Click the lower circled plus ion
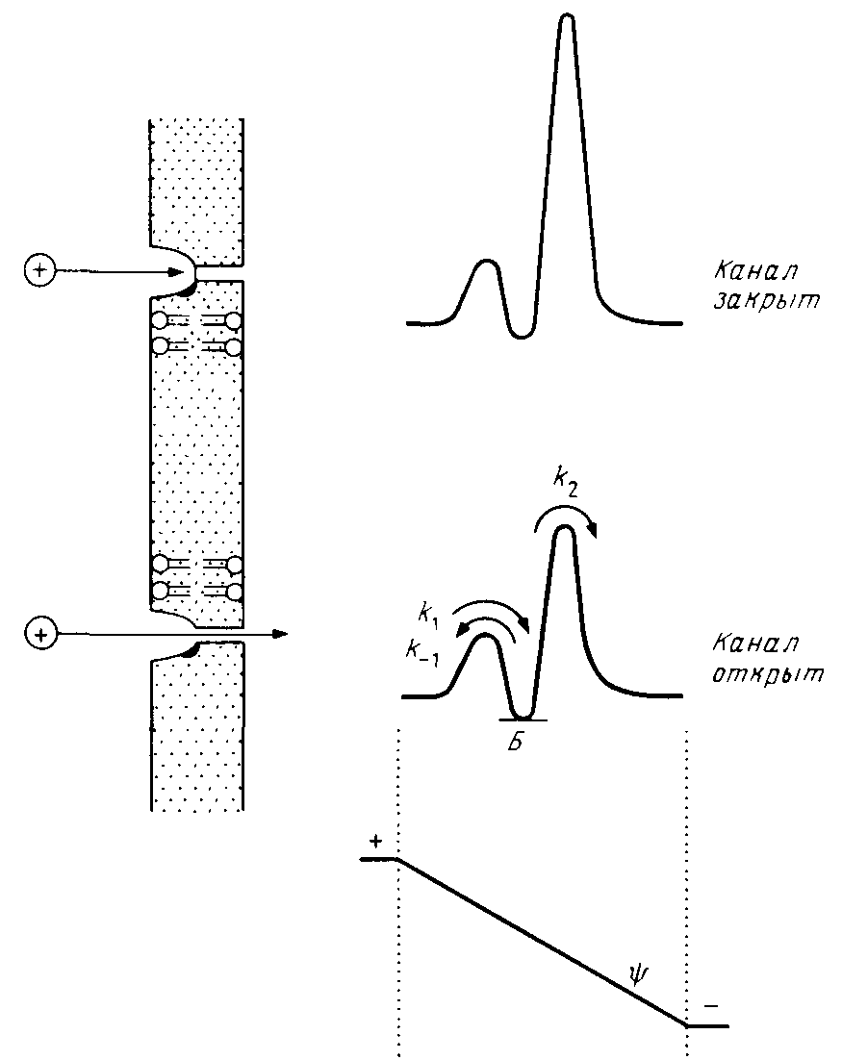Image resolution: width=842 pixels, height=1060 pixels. pos(39,634)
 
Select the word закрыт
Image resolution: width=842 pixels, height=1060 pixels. pos(766,300)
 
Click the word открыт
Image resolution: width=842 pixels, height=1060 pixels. pos(769,673)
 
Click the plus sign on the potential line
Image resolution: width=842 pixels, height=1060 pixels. pos(374,842)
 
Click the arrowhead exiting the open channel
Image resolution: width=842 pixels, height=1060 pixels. pos(280,634)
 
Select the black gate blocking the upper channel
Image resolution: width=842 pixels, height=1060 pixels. pos(190,286)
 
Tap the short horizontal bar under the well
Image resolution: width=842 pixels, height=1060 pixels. pos(523,719)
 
